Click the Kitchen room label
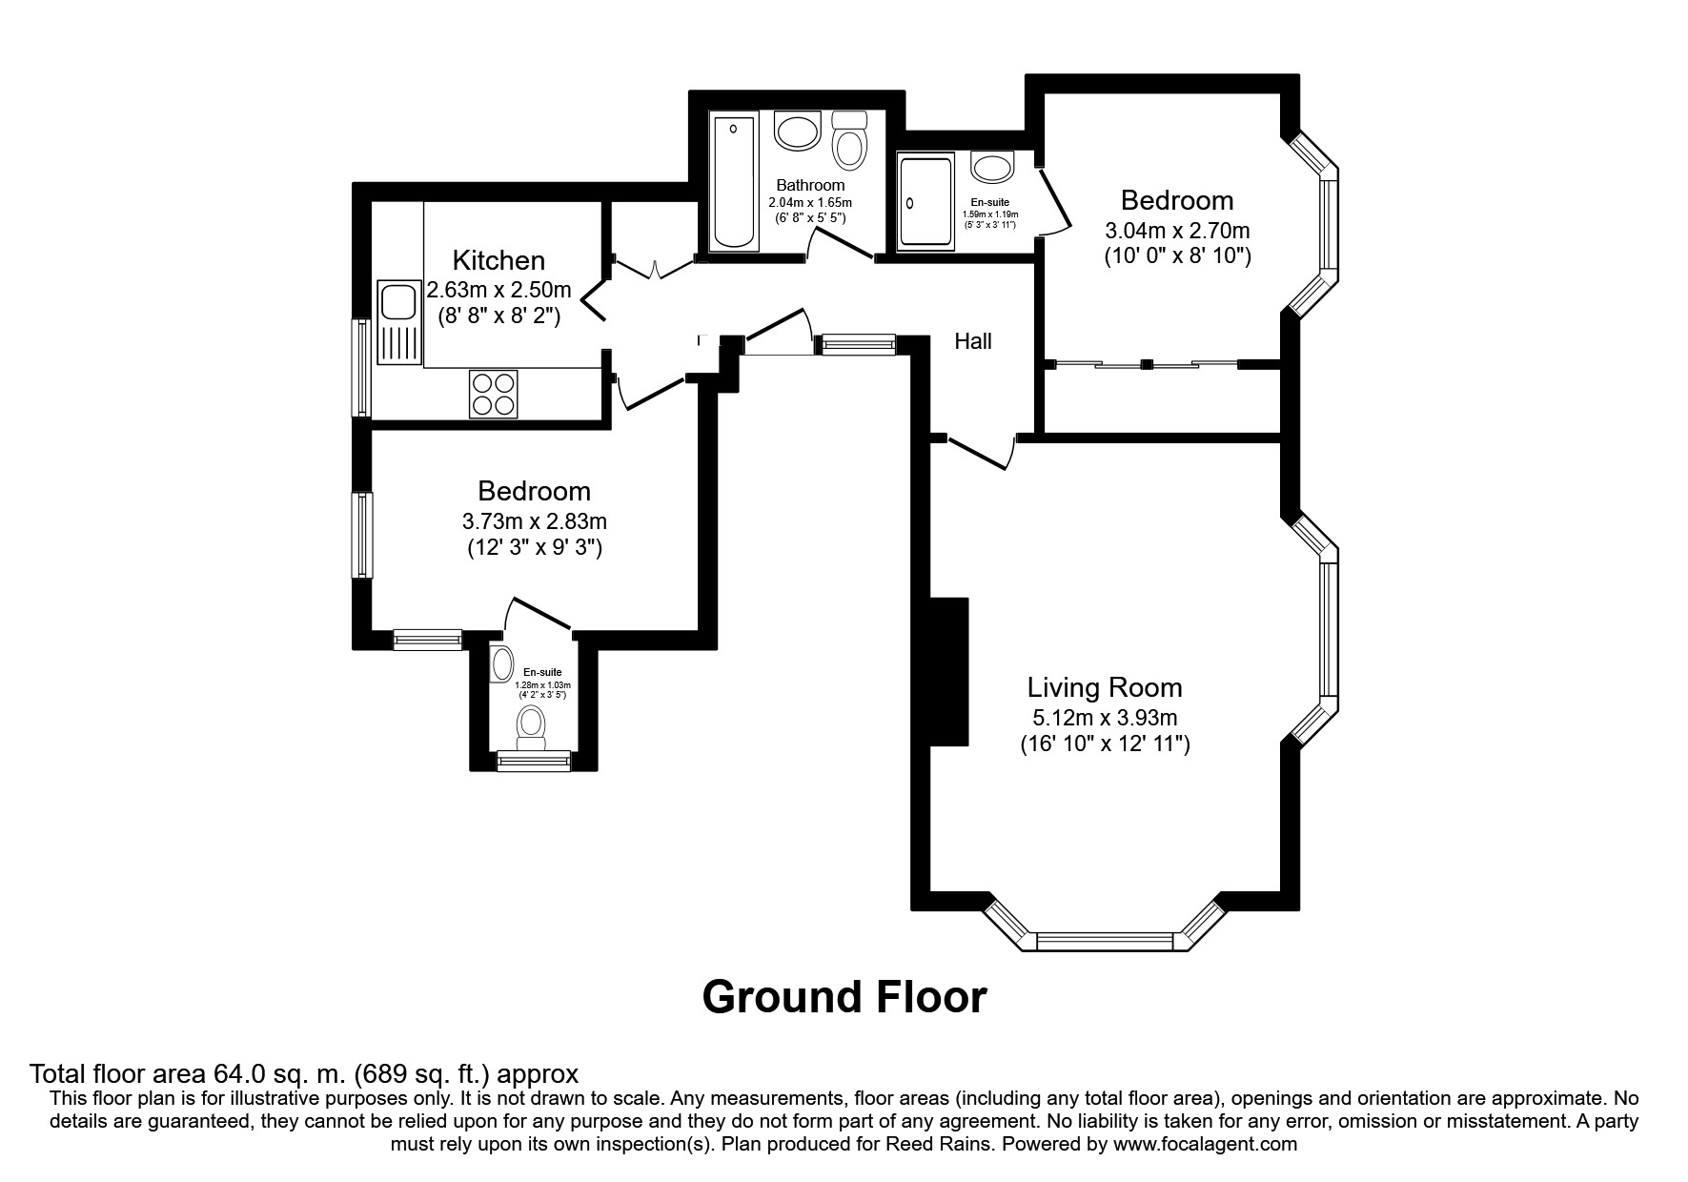pyautogui.click(x=498, y=260)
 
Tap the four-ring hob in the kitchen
pyautogui.click(x=493, y=393)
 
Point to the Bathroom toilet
pyautogui.click(x=848, y=140)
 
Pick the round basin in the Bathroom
pyautogui.click(x=797, y=130)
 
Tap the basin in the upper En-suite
pyautogui.click(x=992, y=168)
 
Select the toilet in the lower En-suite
pyautogui.click(x=530, y=727)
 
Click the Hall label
pyautogui.click(x=973, y=340)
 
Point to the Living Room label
pyautogui.click(x=1105, y=687)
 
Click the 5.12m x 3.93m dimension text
pyautogui.click(x=1105, y=718)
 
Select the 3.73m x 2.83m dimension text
pyautogui.click(x=535, y=521)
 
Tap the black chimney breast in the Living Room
pyautogui.click(x=949, y=672)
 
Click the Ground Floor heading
pyautogui.click(x=844, y=997)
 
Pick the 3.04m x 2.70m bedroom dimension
pyautogui.click(x=1177, y=231)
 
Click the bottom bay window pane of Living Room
pyautogui.click(x=1104, y=942)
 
